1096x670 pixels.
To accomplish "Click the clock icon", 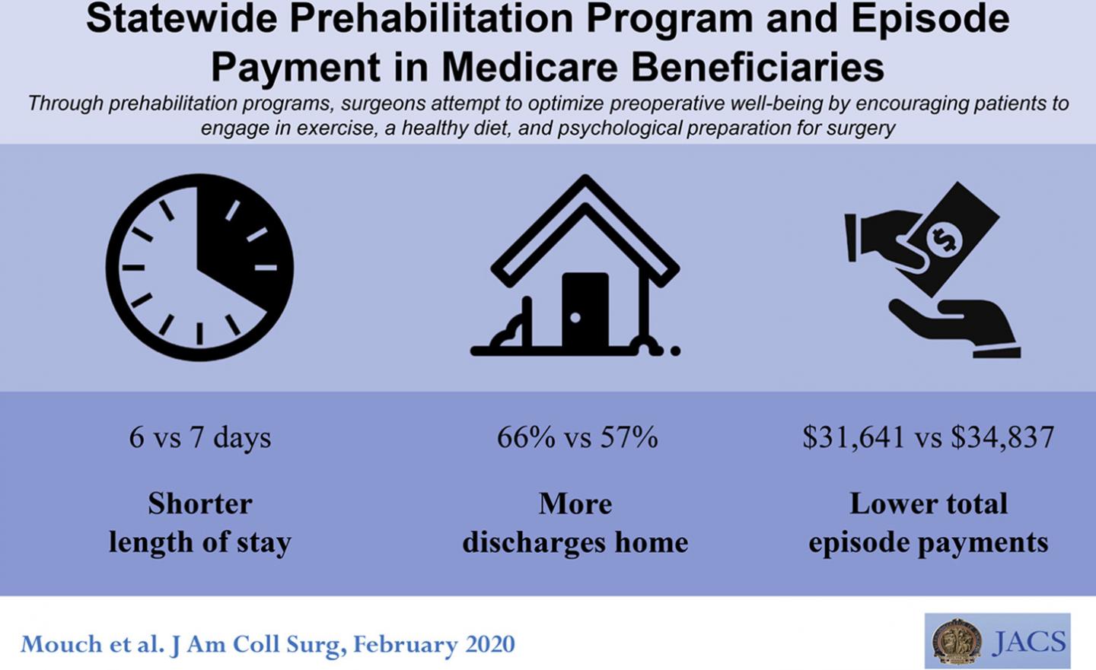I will [199, 267].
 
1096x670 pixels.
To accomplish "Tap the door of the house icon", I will [585, 310].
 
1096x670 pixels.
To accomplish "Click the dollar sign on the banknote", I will [944, 240].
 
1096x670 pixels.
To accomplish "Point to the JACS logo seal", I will [957, 641].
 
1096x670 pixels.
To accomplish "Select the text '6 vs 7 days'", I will [199, 437].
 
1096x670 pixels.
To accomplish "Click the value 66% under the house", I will [526, 437].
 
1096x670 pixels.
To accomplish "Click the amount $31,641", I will [853, 437].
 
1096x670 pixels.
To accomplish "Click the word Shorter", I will [199, 503].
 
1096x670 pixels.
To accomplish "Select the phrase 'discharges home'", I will [575, 542].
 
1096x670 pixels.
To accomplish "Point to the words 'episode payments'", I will [928, 542].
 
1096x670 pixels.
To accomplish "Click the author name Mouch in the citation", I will [53, 644].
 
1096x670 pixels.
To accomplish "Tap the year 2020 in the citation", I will [486, 644].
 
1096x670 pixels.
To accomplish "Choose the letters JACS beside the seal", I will [1029, 642].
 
